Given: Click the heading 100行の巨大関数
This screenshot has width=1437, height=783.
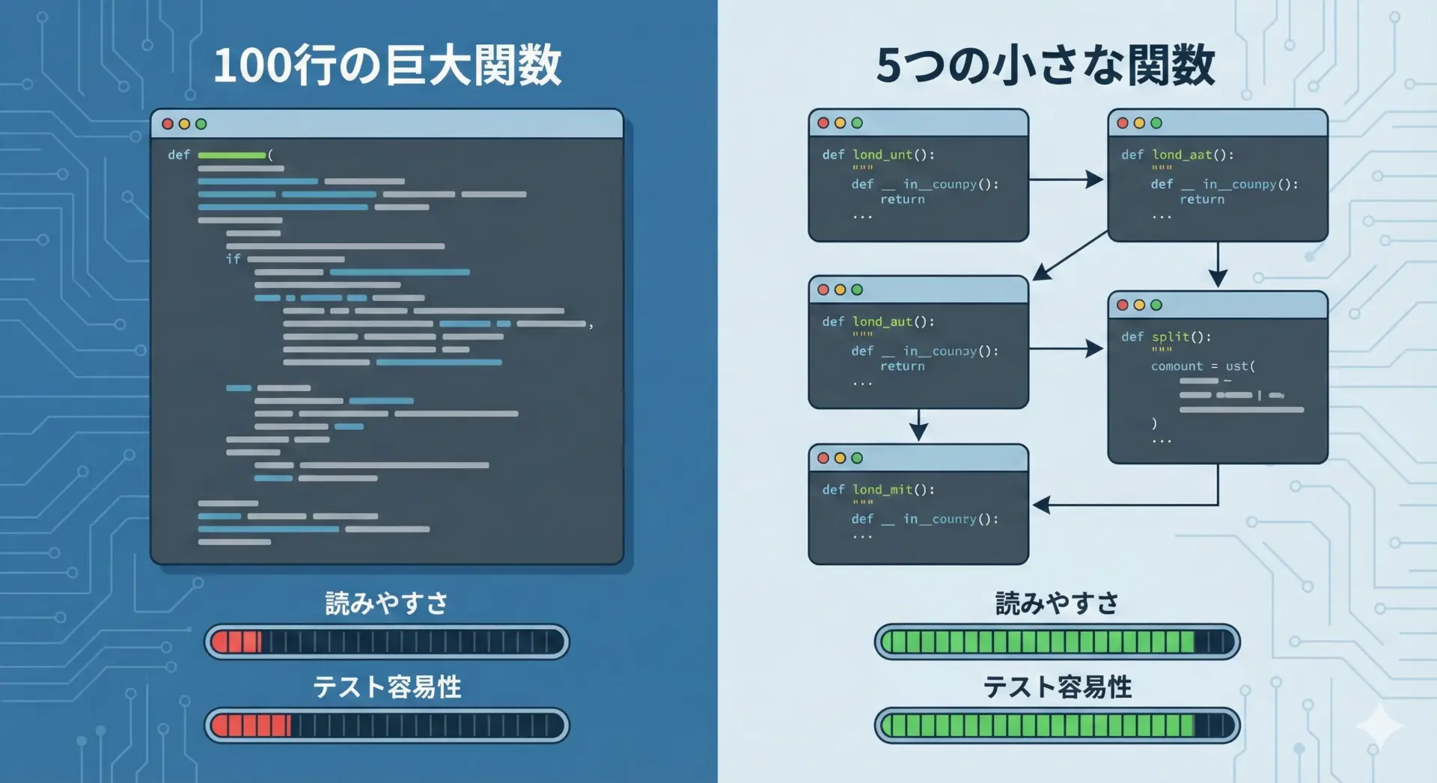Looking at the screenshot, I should tap(387, 65).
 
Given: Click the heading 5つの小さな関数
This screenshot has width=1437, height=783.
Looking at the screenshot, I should tap(1046, 65).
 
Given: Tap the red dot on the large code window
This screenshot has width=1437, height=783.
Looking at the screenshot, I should tap(168, 124).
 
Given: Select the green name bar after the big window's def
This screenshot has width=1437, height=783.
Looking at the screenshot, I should tap(231, 156).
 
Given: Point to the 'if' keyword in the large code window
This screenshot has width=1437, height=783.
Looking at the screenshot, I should tap(234, 259).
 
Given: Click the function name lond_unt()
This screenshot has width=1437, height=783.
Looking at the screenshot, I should tap(894, 155).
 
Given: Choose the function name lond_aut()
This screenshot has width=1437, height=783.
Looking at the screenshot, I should tap(894, 322).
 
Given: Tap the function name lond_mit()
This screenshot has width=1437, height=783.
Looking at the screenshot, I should tap(894, 490).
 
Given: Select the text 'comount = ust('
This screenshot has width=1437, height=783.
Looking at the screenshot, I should tap(1203, 366).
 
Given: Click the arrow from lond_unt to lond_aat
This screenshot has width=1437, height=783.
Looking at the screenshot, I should tap(1067, 179).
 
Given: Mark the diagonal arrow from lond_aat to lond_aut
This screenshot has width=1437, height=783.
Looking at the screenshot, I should tap(1070, 256).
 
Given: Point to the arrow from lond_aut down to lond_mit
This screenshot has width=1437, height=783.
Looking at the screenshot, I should tap(919, 426).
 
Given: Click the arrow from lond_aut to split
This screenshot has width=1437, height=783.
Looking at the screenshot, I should tap(1067, 348).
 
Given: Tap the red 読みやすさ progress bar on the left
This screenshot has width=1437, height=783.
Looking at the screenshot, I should tap(387, 642).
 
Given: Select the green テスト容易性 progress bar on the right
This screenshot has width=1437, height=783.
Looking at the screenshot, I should tap(1057, 725).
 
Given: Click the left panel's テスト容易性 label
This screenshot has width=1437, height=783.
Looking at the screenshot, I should tap(387, 687).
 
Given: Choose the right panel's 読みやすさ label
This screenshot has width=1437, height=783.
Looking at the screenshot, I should tap(1057, 603).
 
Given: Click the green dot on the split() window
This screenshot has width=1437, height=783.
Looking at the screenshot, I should tap(1156, 305).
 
